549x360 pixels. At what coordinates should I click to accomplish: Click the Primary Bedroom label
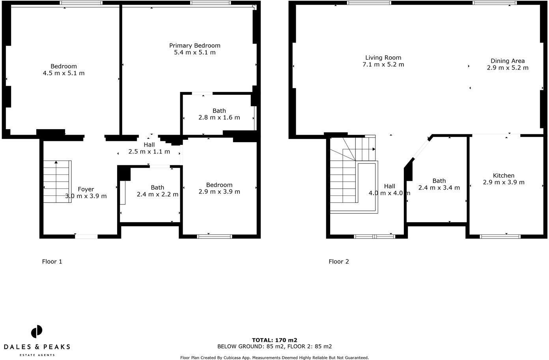point(194,45)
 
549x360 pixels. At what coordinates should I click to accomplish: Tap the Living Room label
point(383,58)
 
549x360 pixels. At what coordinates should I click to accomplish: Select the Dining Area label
point(507,61)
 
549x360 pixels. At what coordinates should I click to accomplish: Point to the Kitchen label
point(503,176)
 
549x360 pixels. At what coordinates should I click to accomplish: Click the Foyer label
point(86,189)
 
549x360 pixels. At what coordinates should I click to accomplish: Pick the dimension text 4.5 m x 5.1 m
point(63,73)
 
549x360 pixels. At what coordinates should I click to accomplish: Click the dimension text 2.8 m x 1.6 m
point(219,118)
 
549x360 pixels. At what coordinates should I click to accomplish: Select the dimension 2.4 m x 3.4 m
point(439,188)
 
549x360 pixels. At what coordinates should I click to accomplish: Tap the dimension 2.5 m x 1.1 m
point(149,152)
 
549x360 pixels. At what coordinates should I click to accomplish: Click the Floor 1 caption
point(52,261)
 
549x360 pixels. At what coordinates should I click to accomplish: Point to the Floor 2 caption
point(339,261)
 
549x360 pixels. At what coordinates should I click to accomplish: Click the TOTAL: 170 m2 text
point(274,340)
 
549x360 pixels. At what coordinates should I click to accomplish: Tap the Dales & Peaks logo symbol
point(37,332)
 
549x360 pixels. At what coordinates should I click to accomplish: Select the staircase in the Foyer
point(57,182)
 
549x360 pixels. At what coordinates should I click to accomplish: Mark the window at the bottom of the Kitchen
point(500,236)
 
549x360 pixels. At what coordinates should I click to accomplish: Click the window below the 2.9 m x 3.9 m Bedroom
point(215,236)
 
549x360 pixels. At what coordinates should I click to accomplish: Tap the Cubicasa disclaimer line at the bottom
point(274,358)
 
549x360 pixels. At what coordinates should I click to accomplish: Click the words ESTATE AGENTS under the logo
point(37,355)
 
